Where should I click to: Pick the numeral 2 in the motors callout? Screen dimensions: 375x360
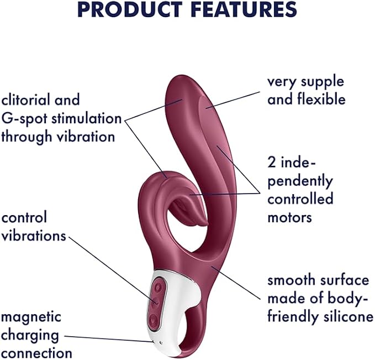click(272, 163)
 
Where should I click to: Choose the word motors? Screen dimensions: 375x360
click(289, 217)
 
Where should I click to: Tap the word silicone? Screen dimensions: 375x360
click(348, 316)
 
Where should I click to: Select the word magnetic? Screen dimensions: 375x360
click(31, 317)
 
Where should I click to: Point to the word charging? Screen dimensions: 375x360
click(30, 336)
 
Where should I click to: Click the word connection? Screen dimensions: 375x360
click(36, 353)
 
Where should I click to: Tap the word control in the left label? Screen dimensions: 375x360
click(24, 217)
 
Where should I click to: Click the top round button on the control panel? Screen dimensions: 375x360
click(158, 286)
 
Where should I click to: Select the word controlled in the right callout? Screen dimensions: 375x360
click(300, 199)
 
